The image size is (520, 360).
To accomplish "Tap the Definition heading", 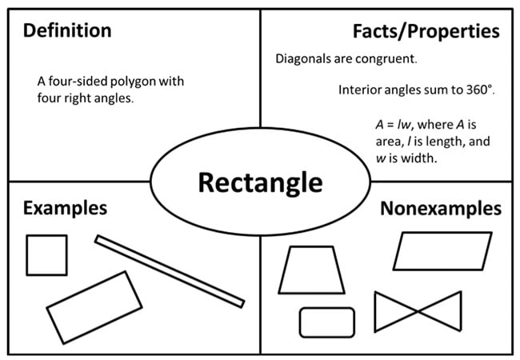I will [x=67, y=32].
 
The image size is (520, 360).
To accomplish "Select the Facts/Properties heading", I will [x=426, y=32].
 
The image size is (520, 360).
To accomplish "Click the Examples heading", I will [x=65, y=209].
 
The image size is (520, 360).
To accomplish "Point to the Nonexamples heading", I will [x=441, y=210].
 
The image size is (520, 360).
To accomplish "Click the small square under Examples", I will [x=47, y=254].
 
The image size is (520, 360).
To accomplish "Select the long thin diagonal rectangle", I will [x=169, y=270].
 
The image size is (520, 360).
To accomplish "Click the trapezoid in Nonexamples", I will [x=311, y=270].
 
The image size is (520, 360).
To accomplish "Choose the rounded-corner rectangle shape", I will [x=327, y=322].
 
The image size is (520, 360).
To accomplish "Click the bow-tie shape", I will [x=418, y=310].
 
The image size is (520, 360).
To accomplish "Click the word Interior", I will [x=360, y=90].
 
